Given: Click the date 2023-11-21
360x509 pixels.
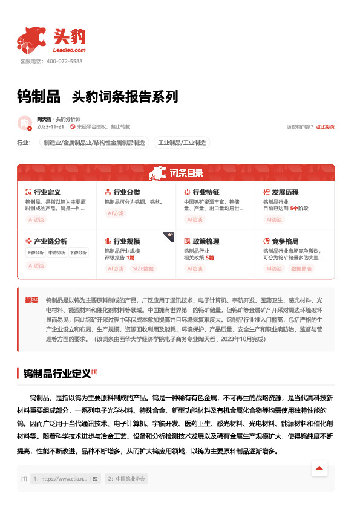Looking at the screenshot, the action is point(50,127).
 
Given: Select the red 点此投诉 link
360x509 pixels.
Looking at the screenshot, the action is point(325,127).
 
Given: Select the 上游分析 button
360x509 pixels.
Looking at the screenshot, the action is point(36,253).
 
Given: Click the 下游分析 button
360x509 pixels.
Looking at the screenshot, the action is point(77,253).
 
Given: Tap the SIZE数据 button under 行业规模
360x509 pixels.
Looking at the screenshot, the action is point(143,268).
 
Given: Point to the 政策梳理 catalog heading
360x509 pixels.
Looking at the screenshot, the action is point(205,241).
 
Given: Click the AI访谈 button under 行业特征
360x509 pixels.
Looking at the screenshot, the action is point(195,219).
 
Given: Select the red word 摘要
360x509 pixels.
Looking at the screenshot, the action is point(31,300).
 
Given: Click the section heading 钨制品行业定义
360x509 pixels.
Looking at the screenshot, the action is point(56,373).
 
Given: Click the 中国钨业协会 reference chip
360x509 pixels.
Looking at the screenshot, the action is point(126,479).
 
